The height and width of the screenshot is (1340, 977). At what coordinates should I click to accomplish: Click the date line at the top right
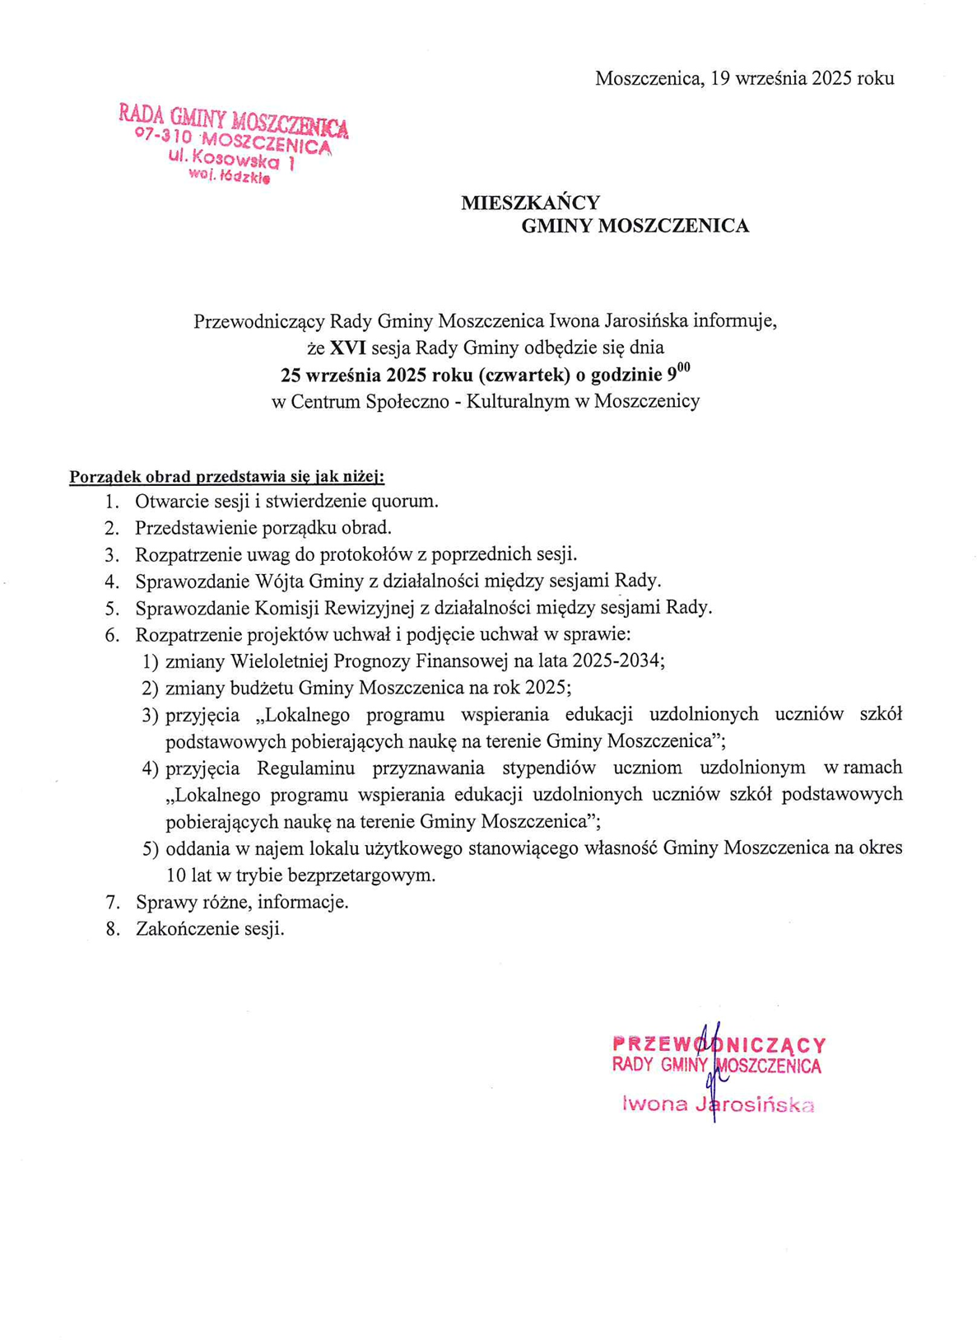point(744,78)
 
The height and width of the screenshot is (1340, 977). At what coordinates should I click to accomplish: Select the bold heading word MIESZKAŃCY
point(530,203)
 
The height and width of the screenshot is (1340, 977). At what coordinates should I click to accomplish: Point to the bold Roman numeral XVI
point(347,348)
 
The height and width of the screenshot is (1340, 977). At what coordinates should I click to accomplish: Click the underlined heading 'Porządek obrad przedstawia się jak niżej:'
point(226,476)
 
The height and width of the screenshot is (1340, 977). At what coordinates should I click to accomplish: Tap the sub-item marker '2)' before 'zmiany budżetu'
point(150,688)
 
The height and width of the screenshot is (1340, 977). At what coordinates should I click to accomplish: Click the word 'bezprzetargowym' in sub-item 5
point(364,875)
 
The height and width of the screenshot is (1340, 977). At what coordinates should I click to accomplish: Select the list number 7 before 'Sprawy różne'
point(112,902)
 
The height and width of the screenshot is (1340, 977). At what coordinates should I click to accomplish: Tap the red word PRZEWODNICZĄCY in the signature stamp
point(719,1044)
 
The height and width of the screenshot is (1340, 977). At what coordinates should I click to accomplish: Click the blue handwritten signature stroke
point(713,1071)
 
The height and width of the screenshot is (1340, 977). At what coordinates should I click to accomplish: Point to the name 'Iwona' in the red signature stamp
point(654,1104)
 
